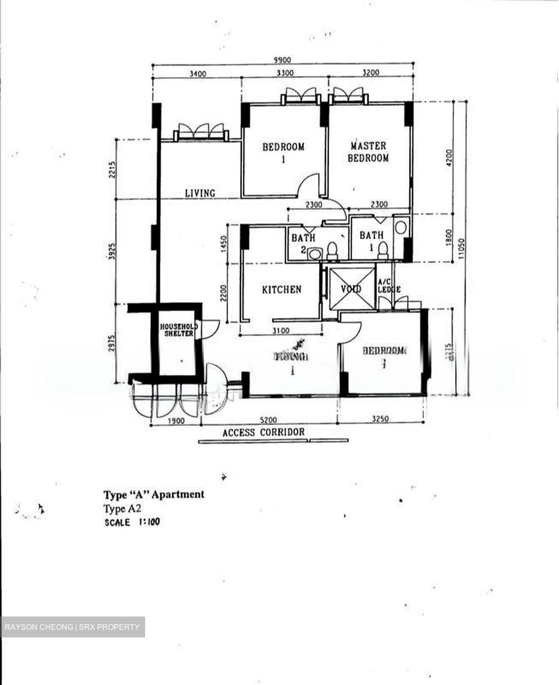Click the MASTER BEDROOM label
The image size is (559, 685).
coord(368,152)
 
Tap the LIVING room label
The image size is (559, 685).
coord(200,193)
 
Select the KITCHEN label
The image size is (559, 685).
coord(282,289)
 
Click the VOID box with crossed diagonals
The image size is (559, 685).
coord(352,288)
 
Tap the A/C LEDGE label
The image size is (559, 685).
coord(389,286)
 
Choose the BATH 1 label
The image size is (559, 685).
coord(372,235)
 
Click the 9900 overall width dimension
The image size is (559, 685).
coord(281,60)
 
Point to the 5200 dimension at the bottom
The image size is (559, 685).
coord(269,420)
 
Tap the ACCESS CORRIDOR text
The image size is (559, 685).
coord(264,432)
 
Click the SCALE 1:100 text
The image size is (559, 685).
coord(132,522)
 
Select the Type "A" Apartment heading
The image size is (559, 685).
coord(154,494)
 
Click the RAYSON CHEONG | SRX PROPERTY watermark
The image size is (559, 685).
coord(72,627)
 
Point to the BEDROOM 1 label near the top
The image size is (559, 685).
coord(283,152)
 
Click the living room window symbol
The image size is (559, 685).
coord(200,132)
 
